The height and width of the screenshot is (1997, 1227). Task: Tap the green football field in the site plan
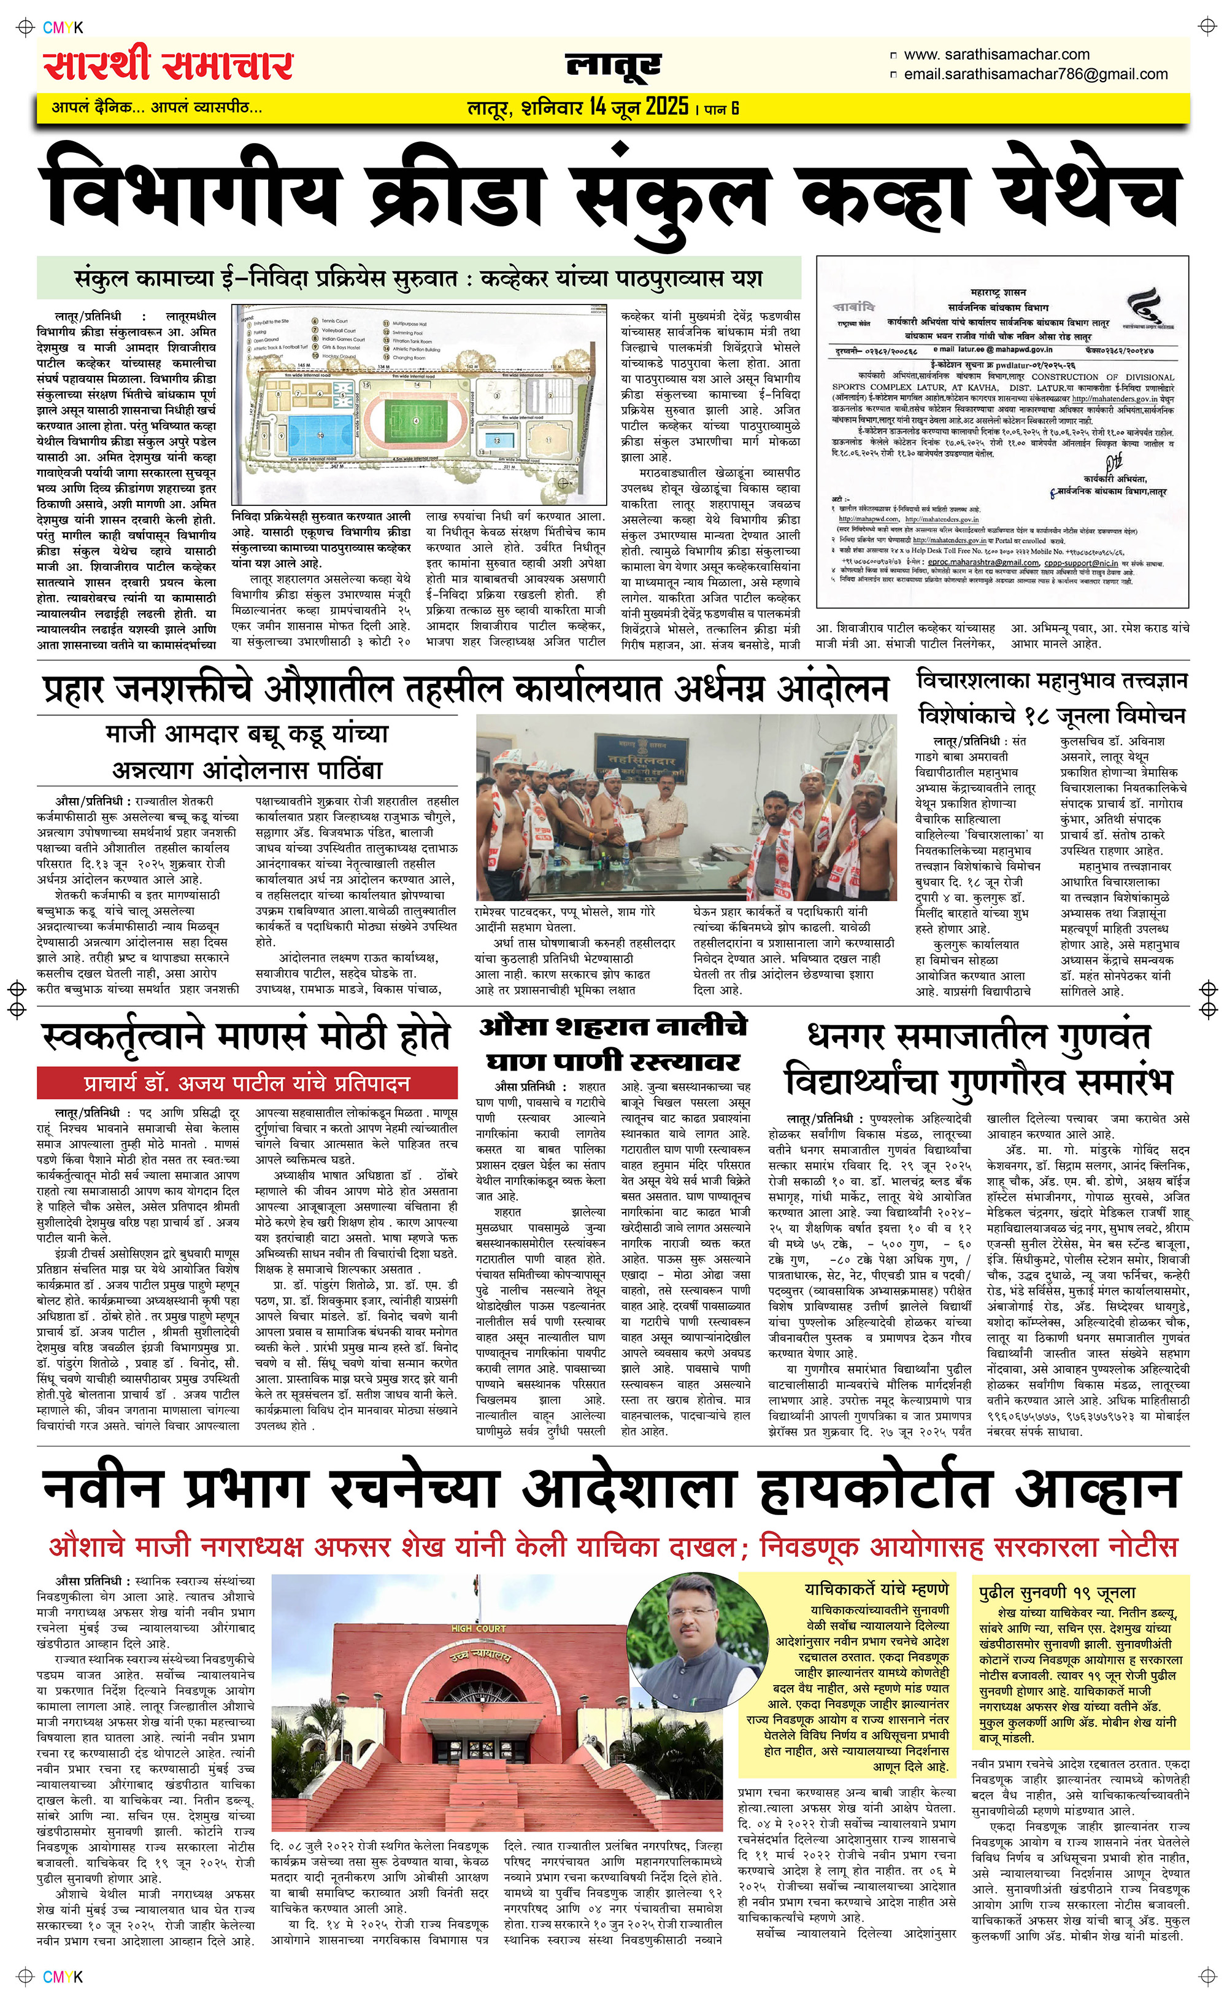point(415,421)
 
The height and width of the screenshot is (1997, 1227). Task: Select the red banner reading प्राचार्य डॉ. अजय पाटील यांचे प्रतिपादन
point(247,1084)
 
